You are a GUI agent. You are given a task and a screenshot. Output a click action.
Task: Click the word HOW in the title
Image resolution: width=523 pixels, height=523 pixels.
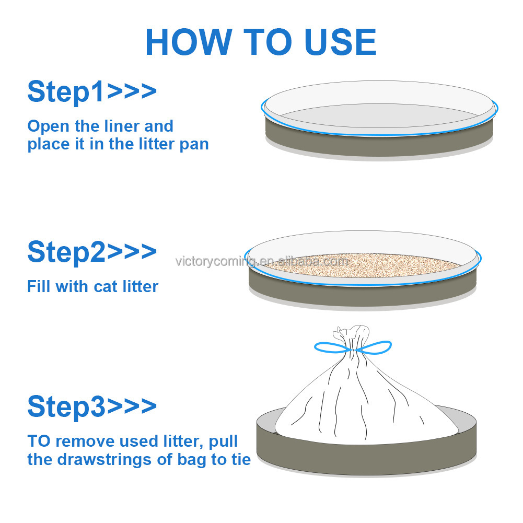189,42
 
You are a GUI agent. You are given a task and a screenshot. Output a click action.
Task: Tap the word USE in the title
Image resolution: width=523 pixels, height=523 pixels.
341,42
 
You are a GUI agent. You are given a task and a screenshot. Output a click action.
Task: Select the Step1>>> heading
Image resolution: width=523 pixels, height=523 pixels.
92,92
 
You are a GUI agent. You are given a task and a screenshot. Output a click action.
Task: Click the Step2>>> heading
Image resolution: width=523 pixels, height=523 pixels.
92,252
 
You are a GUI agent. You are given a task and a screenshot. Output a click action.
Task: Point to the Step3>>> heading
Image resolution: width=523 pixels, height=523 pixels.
92,406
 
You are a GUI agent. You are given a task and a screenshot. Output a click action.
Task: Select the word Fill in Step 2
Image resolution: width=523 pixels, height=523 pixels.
39,286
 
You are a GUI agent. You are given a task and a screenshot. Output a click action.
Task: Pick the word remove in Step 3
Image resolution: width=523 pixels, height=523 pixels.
85,441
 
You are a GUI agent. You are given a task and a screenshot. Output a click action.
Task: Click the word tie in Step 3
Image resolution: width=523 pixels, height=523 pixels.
241,459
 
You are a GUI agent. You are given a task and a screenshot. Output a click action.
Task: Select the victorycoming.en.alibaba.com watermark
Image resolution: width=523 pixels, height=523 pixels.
262,261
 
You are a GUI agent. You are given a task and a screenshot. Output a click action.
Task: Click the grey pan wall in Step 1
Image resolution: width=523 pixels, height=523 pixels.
379,145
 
